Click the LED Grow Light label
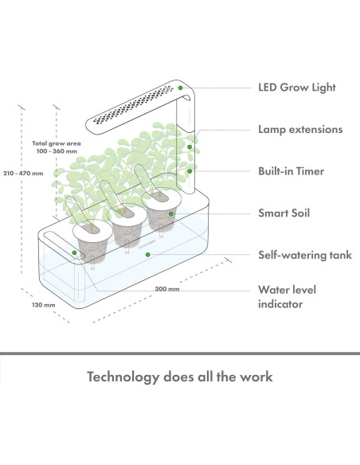(x=297, y=88)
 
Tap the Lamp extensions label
(x=300, y=129)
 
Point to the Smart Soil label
(x=284, y=213)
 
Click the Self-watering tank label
(x=303, y=256)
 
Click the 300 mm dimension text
(x=167, y=289)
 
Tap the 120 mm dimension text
(x=44, y=303)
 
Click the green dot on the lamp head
(x=182, y=88)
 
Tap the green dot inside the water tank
(x=146, y=255)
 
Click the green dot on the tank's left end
(x=74, y=253)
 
